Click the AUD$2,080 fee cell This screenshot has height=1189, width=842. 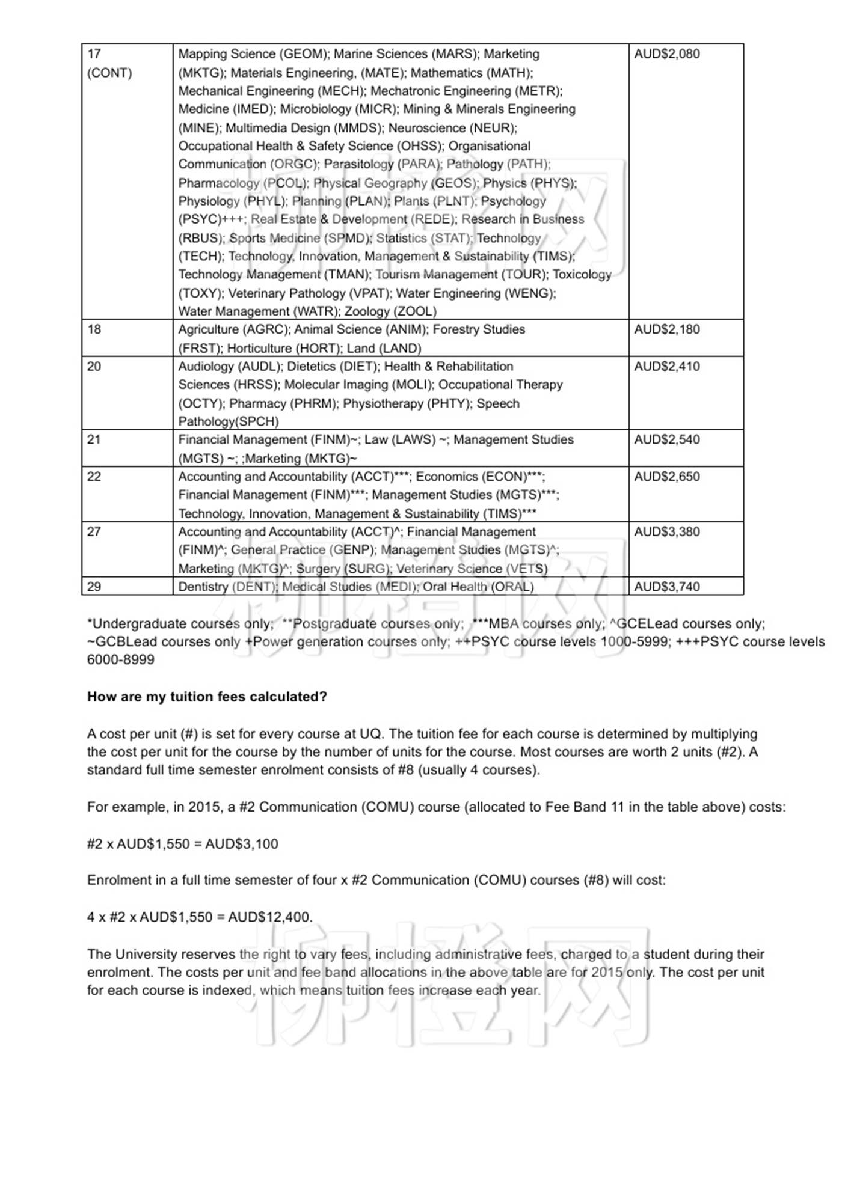[667, 54]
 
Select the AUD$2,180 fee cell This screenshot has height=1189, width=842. [667, 329]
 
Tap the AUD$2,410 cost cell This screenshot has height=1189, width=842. [667, 367]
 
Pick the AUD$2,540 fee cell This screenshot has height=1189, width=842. [667, 440]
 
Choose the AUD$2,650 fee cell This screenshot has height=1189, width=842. [667, 477]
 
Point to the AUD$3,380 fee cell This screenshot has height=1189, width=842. [667, 532]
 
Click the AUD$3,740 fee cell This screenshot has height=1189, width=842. [667, 587]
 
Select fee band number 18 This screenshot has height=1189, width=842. [94, 329]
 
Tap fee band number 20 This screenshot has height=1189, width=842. [94, 367]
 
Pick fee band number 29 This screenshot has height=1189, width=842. [94, 587]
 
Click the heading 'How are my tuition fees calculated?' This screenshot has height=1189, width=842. [207, 697]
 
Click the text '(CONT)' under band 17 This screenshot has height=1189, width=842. [109, 73]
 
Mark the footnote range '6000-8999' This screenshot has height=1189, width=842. [121, 660]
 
